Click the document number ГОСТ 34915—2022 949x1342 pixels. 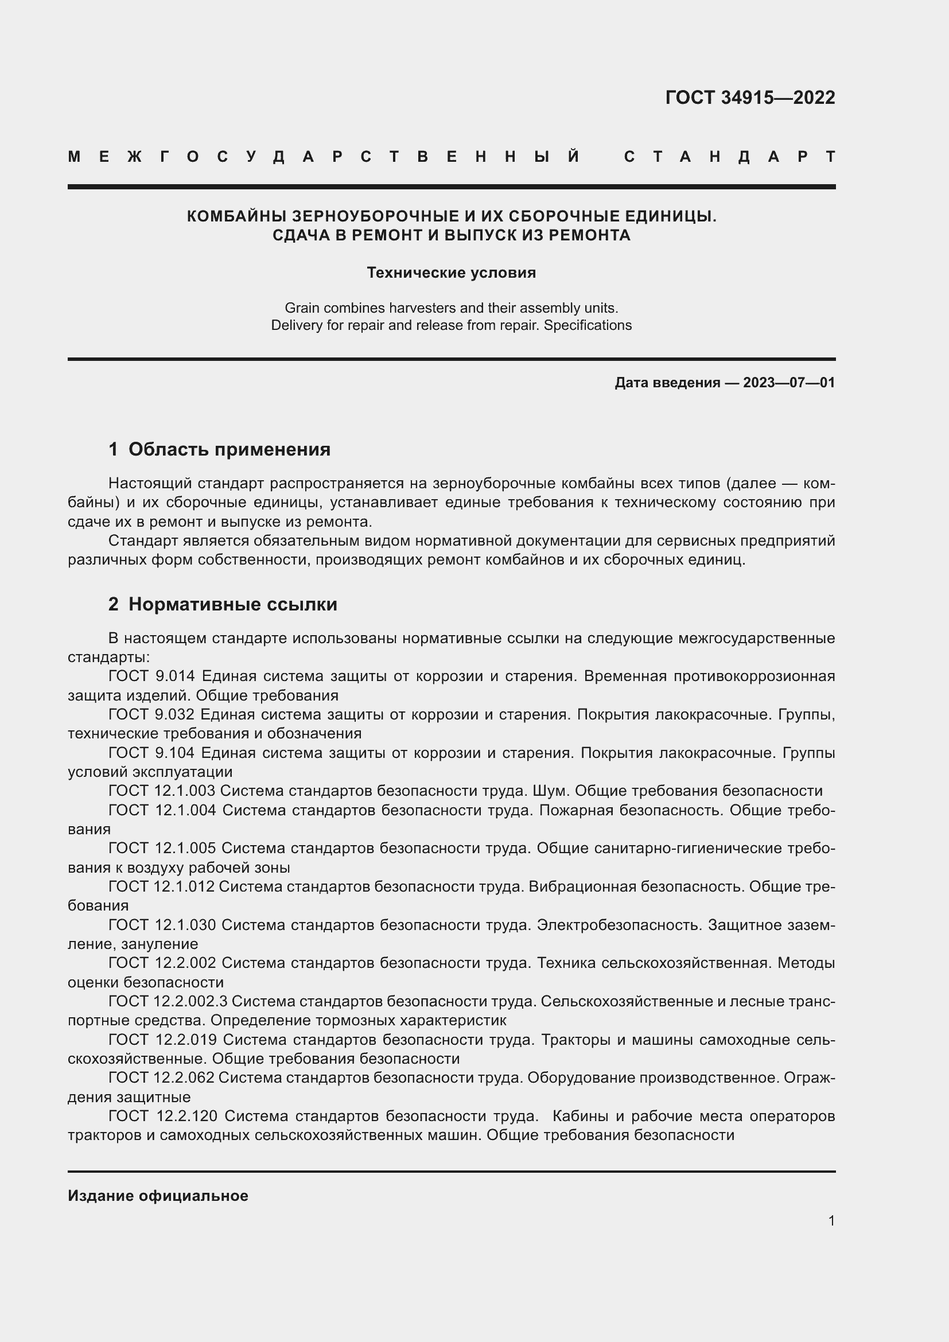tap(750, 98)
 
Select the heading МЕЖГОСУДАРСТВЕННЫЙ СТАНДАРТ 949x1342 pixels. tap(451, 157)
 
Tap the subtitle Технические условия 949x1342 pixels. tap(451, 273)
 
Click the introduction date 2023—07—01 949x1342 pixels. tap(789, 383)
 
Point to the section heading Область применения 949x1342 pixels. tap(229, 449)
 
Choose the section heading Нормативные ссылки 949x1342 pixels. tap(232, 604)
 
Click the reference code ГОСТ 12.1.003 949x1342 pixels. tap(162, 791)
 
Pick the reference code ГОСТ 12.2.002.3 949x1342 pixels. tap(168, 1001)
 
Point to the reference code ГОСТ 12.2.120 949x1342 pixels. tap(163, 1116)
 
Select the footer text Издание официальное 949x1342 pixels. tap(158, 1196)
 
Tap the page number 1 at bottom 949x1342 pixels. tap(831, 1221)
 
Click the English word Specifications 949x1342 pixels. tap(588, 325)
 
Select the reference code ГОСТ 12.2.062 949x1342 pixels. tap(161, 1078)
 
